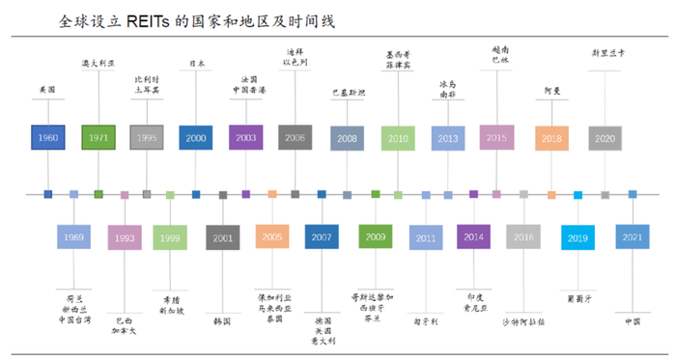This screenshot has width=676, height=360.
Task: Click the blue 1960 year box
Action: [47, 138]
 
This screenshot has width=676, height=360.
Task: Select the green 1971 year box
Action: [98, 138]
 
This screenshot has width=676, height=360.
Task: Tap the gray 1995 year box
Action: [147, 138]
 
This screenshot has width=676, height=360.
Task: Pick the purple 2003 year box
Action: [245, 138]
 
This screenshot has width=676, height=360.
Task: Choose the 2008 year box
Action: [347, 139]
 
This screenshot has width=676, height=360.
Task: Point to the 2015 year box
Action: [496, 138]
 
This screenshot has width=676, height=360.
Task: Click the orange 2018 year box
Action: [551, 139]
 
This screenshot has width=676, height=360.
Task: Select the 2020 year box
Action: [605, 139]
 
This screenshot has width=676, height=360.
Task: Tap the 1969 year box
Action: [73, 236]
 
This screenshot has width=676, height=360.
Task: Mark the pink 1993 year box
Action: [125, 237]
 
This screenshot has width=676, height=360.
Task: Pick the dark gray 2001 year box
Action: [222, 237]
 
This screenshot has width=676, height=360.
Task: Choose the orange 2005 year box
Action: [272, 236]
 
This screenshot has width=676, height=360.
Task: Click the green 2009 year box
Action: [375, 236]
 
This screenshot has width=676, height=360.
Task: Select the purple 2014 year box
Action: [473, 236]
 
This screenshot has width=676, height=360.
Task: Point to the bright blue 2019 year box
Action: [577, 237]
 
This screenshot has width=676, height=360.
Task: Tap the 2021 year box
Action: [633, 237]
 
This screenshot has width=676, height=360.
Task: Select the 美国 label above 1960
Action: [47, 88]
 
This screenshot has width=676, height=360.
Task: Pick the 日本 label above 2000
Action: [196, 64]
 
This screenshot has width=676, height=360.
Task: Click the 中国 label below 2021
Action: [633, 321]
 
